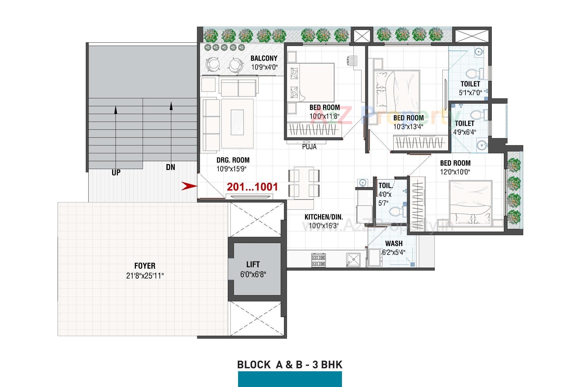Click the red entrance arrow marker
pos(189,186)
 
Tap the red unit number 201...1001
pos(252,187)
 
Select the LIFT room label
pos(253,265)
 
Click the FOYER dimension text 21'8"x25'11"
pos(145,276)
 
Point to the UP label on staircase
pos(116,173)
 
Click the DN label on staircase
pos(170,167)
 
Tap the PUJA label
pos(309,147)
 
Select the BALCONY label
pos(264,58)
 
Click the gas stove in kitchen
pos(318,260)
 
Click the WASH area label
pos(394,243)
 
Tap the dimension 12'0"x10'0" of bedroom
pos(455,172)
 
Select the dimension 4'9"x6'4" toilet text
pos(465,132)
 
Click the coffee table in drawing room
pos(237,122)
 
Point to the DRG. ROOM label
pos(233,160)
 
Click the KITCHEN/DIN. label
pos(324,217)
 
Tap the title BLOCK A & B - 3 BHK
pos(290,365)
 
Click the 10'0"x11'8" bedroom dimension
pos(324,116)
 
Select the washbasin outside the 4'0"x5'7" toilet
pos(362,183)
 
